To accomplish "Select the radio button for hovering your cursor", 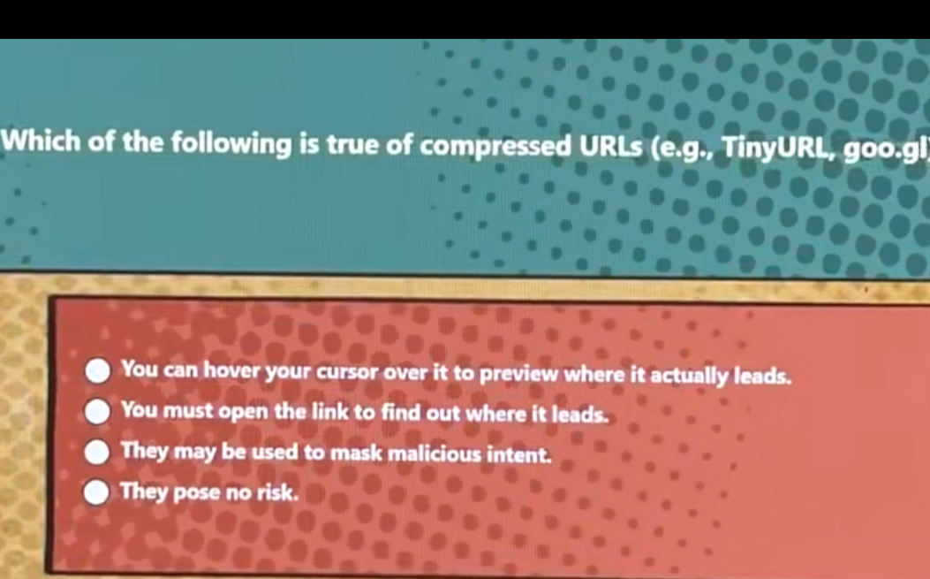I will click(98, 370).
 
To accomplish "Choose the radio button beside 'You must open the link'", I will click(98, 411).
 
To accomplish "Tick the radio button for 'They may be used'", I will click(98, 452).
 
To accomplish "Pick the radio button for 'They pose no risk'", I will click(97, 492).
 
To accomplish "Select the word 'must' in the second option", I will click(189, 410).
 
